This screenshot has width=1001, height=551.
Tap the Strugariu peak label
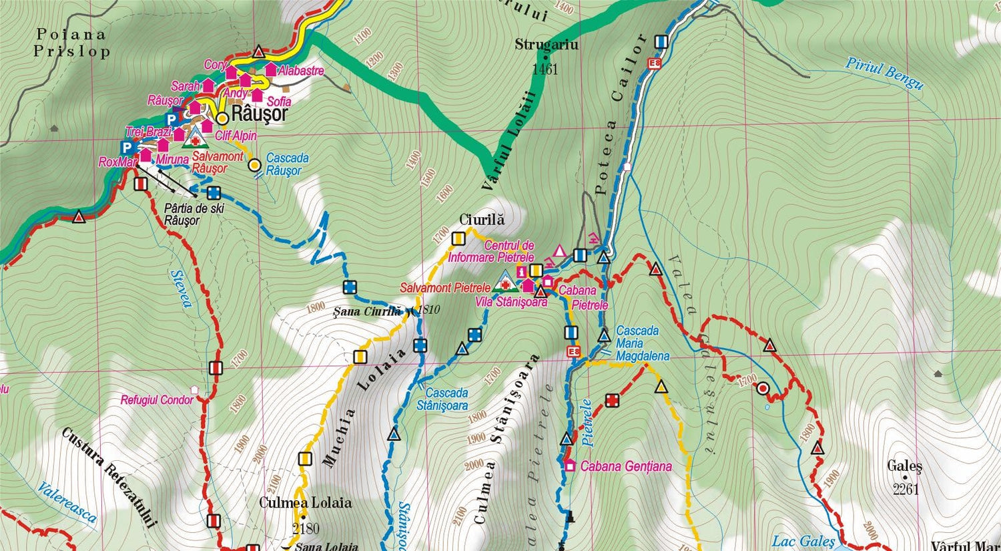click(547, 45)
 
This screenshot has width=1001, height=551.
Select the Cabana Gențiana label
click(625, 466)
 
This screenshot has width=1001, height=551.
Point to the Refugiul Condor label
click(156, 400)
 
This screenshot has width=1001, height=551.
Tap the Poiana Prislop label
click(72, 43)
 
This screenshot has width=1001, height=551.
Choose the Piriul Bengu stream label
click(885, 73)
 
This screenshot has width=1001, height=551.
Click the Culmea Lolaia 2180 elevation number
click(306, 529)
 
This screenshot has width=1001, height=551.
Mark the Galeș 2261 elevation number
click(906, 489)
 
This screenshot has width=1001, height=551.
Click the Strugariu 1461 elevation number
click(545, 69)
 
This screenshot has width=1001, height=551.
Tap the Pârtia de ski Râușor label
click(194, 214)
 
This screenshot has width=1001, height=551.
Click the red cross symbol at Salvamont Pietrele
click(505, 286)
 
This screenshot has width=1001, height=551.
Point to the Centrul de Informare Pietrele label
click(492, 251)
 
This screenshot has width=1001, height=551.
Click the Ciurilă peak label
click(482, 220)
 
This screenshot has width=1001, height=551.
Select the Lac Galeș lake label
click(803, 541)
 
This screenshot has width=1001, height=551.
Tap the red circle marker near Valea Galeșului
click(763, 388)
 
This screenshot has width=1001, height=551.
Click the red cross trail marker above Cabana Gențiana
click(612, 400)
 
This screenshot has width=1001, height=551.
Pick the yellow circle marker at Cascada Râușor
click(254, 164)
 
